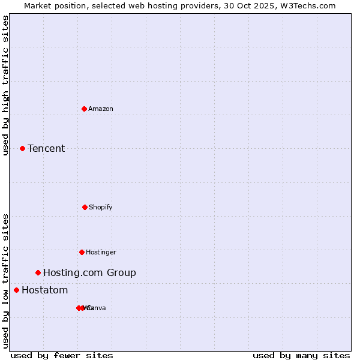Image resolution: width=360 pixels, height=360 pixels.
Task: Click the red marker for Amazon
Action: [84, 109]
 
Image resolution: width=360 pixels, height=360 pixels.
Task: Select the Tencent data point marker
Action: [22, 148]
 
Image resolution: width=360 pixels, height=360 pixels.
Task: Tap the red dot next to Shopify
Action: [85, 207]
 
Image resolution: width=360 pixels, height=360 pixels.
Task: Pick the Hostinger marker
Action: [82, 252]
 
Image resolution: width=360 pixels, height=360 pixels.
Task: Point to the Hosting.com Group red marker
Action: [38, 272]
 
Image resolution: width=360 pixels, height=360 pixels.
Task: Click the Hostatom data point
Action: [16, 290]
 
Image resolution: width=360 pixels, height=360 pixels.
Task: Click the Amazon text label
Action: [101, 109]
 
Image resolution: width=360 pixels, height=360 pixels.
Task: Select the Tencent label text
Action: [46, 148]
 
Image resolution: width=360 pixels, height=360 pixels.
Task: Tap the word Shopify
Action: [101, 207]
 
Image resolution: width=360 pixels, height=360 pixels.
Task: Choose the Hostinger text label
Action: [101, 252]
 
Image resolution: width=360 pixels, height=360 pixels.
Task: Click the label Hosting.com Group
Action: [89, 272]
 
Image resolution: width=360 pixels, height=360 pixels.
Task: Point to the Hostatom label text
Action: [44, 290]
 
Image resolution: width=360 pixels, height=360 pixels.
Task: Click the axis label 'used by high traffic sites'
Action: [5, 86]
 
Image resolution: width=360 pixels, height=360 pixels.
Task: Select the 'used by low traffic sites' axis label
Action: [5, 280]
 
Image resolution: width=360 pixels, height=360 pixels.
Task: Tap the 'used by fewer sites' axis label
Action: [62, 355]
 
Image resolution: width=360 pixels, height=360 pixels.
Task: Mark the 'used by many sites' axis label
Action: [301, 355]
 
